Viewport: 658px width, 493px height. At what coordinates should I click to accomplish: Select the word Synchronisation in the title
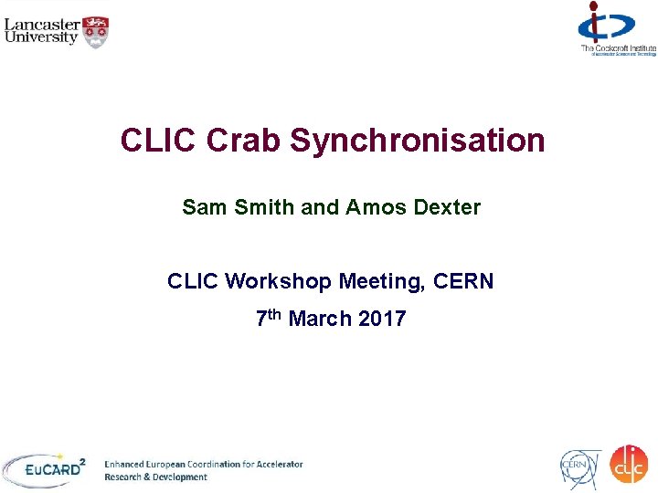[x=418, y=142]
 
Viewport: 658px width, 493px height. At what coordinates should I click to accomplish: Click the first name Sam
[x=201, y=208]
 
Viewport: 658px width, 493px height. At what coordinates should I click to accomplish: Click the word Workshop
[x=278, y=282]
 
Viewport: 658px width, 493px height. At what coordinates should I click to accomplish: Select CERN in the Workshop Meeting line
[x=462, y=282]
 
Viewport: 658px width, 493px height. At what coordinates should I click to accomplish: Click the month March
[x=320, y=319]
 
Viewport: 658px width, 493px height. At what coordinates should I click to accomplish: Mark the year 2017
[x=382, y=319]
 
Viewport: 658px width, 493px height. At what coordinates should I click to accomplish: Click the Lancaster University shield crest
[x=96, y=32]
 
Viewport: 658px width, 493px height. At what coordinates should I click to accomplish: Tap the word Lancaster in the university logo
[x=41, y=23]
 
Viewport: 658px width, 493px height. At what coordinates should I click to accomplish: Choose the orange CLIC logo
[x=629, y=466]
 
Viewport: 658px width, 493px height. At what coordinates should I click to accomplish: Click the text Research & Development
[x=156, y=477]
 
